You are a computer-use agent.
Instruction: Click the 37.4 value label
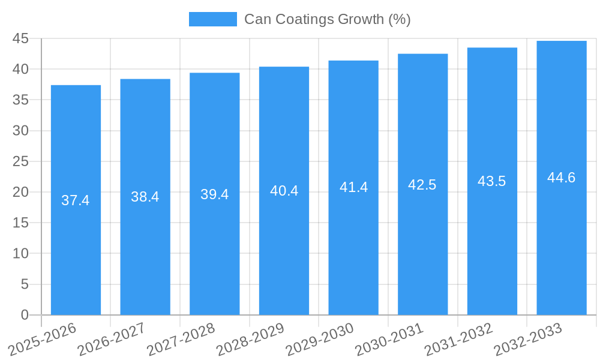pos(76,200)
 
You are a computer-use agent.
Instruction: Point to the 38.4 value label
pos(145,197)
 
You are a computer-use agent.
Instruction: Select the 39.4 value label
pos(214,194)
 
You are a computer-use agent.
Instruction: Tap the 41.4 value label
pos(353,187)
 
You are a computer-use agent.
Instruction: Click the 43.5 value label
pos(492,181)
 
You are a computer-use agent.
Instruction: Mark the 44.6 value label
pos(562,178)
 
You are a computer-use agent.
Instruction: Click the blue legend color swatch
pos(212,19)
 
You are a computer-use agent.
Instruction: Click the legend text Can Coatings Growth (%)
pos(327,19)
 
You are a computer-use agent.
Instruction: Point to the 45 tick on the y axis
pos(20,38)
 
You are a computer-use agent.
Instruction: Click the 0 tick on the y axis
pos(25,315)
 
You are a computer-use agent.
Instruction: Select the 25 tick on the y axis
pos(20,161)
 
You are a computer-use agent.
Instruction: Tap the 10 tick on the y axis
pos(20,254)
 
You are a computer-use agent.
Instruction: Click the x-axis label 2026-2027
pos(112,338)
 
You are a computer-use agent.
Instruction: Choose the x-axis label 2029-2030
pos(320,338)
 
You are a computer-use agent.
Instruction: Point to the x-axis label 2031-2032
pos(459,338)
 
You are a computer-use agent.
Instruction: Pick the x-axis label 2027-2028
pos(181,338)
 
